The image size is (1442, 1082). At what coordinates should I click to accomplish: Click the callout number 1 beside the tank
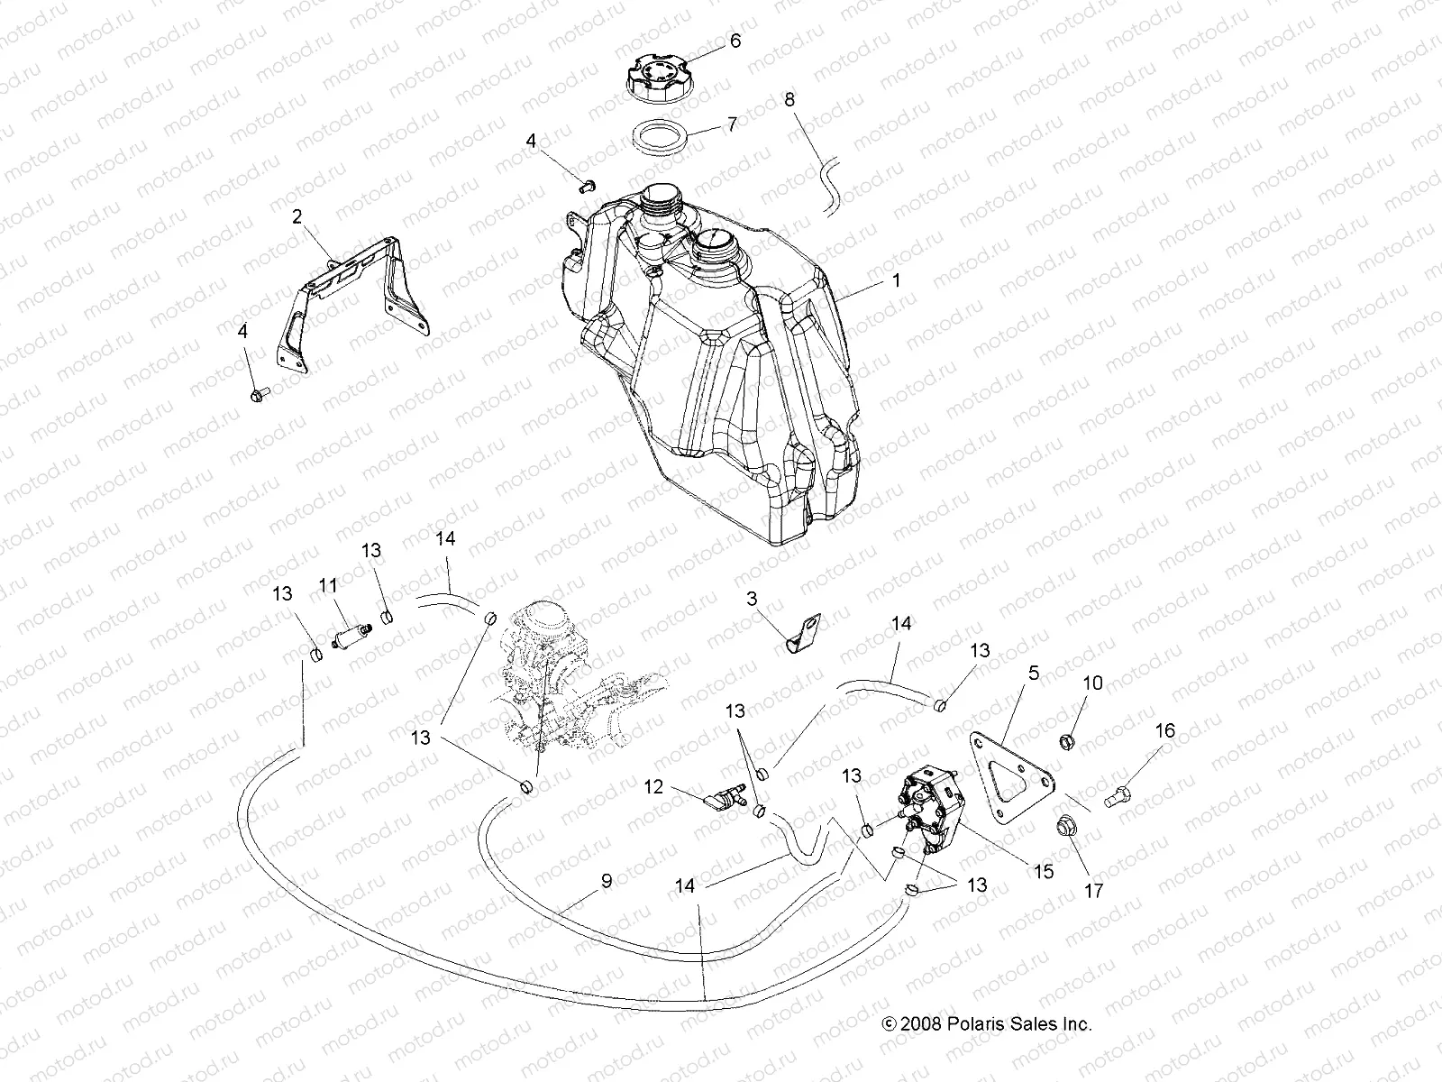point(896,281)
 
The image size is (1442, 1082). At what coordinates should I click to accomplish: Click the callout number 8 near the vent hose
point(789,100)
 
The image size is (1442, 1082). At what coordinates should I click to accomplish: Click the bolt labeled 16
point(1118,798)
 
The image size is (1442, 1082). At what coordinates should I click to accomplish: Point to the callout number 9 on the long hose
point(607,880)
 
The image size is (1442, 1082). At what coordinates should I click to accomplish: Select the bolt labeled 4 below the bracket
point(257,394)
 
